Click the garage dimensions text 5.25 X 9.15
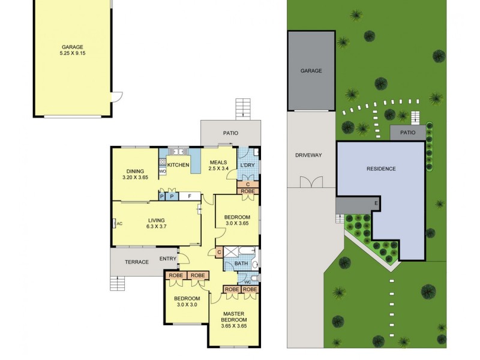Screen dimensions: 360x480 pos(72,53)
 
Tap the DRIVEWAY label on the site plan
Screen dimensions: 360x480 pos(309,155)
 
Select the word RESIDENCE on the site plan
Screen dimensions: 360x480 pos(381,169)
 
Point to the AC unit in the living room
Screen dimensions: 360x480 pos(117,224)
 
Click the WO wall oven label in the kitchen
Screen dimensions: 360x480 pos(162,172)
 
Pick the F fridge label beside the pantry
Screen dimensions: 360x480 pos(190,196)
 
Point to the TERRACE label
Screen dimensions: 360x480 pos(136,262)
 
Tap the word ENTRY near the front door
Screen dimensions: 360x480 pos(168,259)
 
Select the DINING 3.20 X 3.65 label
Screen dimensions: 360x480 pos(135,175)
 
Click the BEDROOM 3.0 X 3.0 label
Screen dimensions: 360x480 pos(187,301)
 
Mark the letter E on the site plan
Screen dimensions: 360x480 pos(376,203)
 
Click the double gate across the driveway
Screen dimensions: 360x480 pos(310,181)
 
